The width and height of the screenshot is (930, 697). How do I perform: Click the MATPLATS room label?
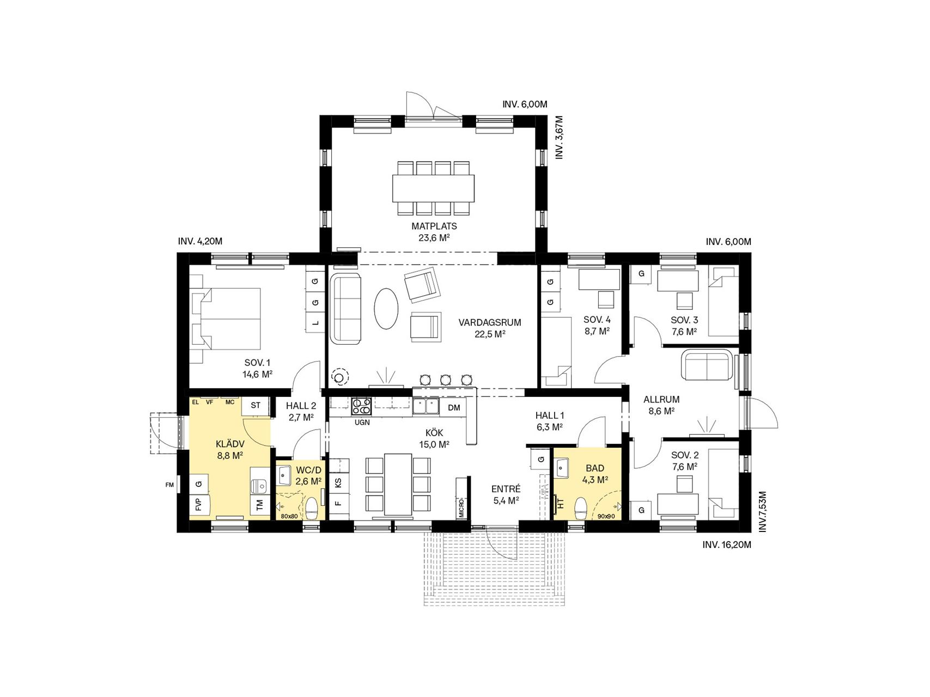[x=434, y=226]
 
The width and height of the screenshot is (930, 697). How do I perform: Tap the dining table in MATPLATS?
[x=433, y=188]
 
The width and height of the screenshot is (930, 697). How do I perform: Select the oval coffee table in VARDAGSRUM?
[x=386, y=308]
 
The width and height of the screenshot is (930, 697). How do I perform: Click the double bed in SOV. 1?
[x=225, y=319]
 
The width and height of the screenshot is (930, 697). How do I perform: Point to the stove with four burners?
[x=361, y=406]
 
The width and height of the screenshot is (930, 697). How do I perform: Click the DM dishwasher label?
[x=454, y=407]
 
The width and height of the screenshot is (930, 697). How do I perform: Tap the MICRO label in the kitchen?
[x=461, y=507]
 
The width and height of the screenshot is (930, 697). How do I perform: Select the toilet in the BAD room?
[x=581, y=508]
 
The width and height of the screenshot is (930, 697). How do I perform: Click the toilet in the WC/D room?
[x=312, y=508]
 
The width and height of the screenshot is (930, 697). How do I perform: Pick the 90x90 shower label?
[x=606, y=516]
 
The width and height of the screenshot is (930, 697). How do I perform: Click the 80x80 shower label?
[x=289, y=516]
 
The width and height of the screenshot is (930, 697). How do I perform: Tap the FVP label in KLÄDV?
[x=198, y=505]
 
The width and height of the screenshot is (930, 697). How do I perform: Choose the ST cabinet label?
[x=256, y=405]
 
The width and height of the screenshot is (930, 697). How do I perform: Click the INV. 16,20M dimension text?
[x=727, y=545]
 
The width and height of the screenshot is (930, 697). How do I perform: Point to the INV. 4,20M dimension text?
[x=200, y=241]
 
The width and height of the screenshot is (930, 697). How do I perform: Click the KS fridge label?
[x=338, y=482]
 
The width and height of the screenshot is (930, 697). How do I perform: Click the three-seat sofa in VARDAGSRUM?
[x=346, y=308]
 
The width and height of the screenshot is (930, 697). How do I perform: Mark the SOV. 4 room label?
[x=597, y=320]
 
